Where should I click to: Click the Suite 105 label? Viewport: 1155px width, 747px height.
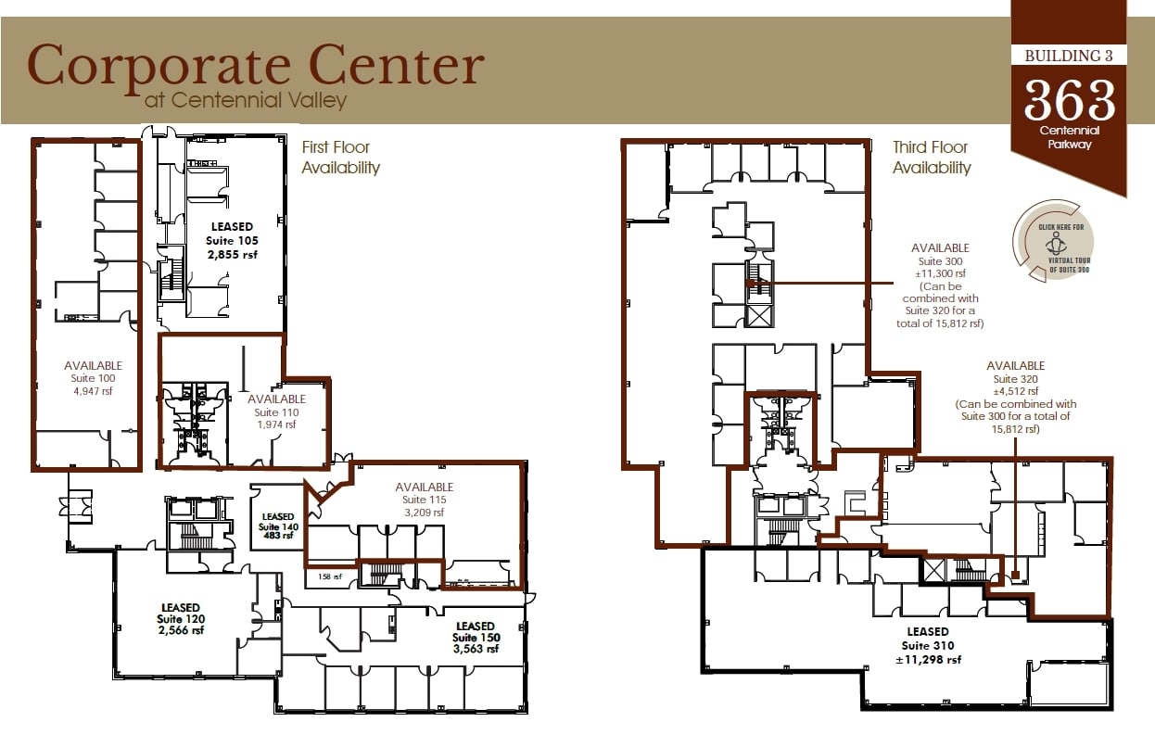tap(231, 241)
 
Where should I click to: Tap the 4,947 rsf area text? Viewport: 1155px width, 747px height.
tap(93, 391)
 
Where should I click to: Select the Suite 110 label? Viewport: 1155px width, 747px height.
tap(276, 412)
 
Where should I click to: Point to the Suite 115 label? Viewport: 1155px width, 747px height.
tap(424, 500)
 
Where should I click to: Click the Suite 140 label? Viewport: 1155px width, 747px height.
tap(277, 526)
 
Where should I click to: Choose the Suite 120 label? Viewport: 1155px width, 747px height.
tap(181, 619)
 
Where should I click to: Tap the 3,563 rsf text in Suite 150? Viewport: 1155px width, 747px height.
tap(475, 650)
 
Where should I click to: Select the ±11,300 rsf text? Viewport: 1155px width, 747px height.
tap(940, 273)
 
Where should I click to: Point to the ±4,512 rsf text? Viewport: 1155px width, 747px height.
tap(1015, 391)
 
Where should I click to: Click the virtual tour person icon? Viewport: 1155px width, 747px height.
tap(1054, 243)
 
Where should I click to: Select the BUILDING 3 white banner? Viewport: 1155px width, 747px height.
tap(1068, 56)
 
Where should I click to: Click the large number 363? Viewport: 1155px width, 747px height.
tap(1069, 100)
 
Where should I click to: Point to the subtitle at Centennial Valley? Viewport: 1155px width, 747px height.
tap(246, 99)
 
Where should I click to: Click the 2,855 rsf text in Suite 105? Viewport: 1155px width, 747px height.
tap(231, 255)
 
